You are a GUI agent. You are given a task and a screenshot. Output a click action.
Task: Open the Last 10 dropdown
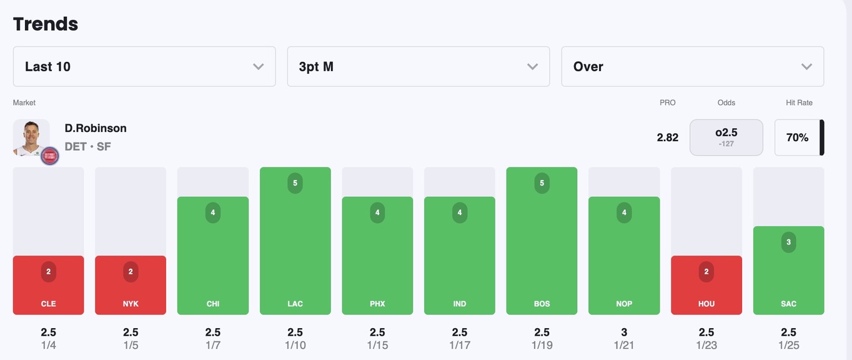pyautogui.click(x=144, y=66)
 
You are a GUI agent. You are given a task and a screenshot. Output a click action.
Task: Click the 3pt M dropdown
pyautogui.click(x=418, y=66)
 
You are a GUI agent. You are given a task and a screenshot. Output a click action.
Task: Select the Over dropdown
pyautogui.click(x=692, y=66)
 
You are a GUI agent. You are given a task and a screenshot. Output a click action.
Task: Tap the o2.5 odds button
pyautogui.click(x=726, y=137)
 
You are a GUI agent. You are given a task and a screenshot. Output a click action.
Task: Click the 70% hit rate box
pyautogui.click(x=797, y=137)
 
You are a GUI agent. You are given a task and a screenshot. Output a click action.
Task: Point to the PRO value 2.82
pyautogui.click(x=667, y=137)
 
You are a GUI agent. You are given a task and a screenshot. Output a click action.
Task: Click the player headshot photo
pyautogui.click(x=31, y=137)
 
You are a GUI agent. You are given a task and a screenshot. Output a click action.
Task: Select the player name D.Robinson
pyautogui.click(x=96, y=128)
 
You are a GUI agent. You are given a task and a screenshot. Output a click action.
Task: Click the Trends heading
pyautogui.click(x=46, y=24)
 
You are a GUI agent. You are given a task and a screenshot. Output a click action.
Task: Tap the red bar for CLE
pyautogui.click(x=48, y=285)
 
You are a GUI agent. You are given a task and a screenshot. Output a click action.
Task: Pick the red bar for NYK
pyautogui.click(x=131, y=285)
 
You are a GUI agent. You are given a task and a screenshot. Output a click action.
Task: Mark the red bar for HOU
pyautogui.click(x=706, y=285)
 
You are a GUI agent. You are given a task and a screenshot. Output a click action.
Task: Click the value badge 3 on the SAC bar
pyautogui.click(x=788, y=242)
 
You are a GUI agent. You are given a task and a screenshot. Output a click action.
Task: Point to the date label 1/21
pyautogui.click(x=624, y=345)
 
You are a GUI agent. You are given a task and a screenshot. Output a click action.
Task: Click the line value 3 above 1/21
pyautogui.click(x=624, y=332)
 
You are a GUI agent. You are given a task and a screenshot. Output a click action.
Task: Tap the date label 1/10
pyautogui.click(x=295, y=345)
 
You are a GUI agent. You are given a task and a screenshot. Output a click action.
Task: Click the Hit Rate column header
pyautogui.click(x=799, y=102)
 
